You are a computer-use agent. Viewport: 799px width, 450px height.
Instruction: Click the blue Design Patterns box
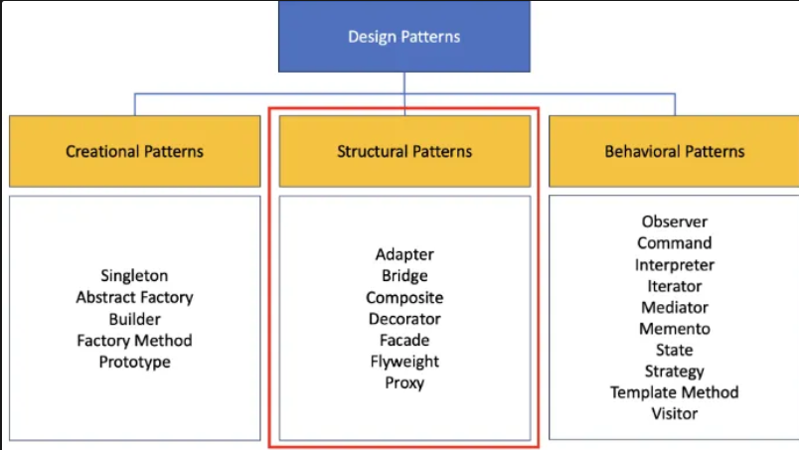pos(404,36)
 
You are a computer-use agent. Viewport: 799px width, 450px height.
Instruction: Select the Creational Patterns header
pos(134,151)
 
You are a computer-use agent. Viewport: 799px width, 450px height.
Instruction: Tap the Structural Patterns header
pos(404,151)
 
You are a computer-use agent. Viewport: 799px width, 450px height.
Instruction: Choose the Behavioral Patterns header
pos(674,151)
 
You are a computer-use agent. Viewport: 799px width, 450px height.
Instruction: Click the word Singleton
pos(134,276)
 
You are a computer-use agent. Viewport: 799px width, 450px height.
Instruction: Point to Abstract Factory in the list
pos(134,297)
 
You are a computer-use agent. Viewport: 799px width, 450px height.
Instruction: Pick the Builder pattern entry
pos(134,319)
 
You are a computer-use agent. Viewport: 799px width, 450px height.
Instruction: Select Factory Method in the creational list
pos(134,341)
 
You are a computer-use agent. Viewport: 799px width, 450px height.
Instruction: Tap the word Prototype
pos(134,362)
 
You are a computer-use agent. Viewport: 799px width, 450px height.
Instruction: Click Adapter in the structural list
pos(404,254)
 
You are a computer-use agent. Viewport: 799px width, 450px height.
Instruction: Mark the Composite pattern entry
pos(404,298)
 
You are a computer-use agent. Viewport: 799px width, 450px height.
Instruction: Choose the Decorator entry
pos(404,319)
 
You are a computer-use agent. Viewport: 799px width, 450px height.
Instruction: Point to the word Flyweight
pos(404,362)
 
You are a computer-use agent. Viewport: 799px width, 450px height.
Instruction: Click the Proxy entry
pos(404,382)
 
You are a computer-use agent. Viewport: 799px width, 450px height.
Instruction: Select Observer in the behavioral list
pos(675,222)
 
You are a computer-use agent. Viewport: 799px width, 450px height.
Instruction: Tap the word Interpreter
pos(675,265)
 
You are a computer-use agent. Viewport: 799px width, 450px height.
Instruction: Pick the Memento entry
pos(675,329)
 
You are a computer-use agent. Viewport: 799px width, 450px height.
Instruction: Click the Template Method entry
pos(675,392)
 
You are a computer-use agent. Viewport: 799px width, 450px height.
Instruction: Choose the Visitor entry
pos(675,413)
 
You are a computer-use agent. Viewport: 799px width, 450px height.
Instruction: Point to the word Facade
pos(404,340)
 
